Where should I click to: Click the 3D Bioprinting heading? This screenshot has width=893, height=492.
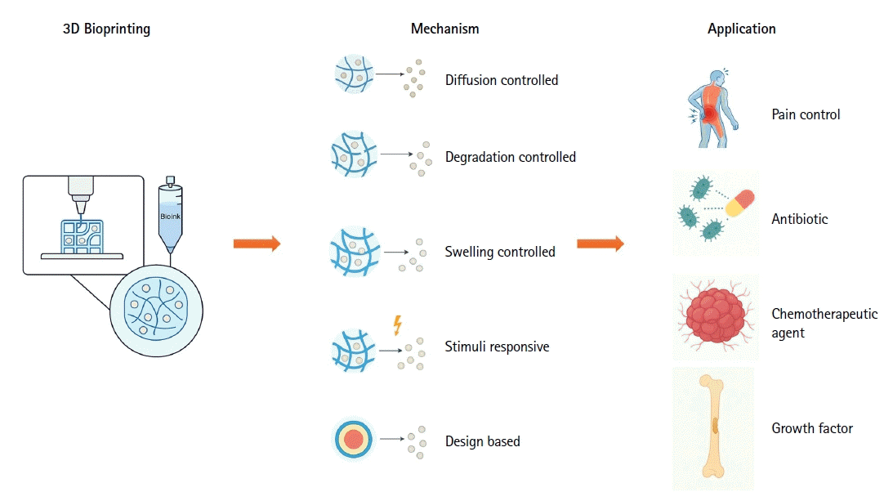tap(106, 29)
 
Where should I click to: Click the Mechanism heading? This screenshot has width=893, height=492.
tap(444, 29)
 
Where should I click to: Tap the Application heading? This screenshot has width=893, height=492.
tap(742, 29)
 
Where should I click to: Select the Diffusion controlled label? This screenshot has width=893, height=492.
tap(502, 80)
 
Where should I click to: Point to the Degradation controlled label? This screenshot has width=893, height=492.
tap(511, 157)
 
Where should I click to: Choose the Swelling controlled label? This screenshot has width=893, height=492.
tap(500, 252)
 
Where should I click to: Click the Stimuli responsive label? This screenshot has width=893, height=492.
tap(498, 347)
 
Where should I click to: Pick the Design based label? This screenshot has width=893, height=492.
tap(482, 441)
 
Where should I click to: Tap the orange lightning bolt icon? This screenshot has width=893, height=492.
tap(398, 325)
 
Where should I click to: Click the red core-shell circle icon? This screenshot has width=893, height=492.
tap(354, 439)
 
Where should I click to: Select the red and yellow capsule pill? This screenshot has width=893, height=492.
tap(739, 204)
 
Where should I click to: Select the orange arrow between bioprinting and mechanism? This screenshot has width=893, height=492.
tap(257, 244)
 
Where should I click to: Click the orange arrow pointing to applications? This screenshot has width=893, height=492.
tap(601, 244)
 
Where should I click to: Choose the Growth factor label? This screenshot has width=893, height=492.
tap(812, 428)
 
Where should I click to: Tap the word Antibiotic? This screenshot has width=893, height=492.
tap(800, 219)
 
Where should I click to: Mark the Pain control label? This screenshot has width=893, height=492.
tap(806, 114)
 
